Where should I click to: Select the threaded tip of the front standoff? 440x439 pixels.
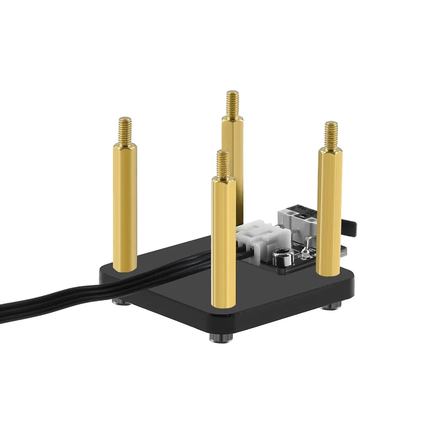pyautogui.click(x=224, y=163)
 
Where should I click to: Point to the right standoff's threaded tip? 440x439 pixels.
pyautogui.click(x=331, y=134)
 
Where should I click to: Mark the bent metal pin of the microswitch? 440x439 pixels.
pyautogui.click(x=308, y=240)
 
